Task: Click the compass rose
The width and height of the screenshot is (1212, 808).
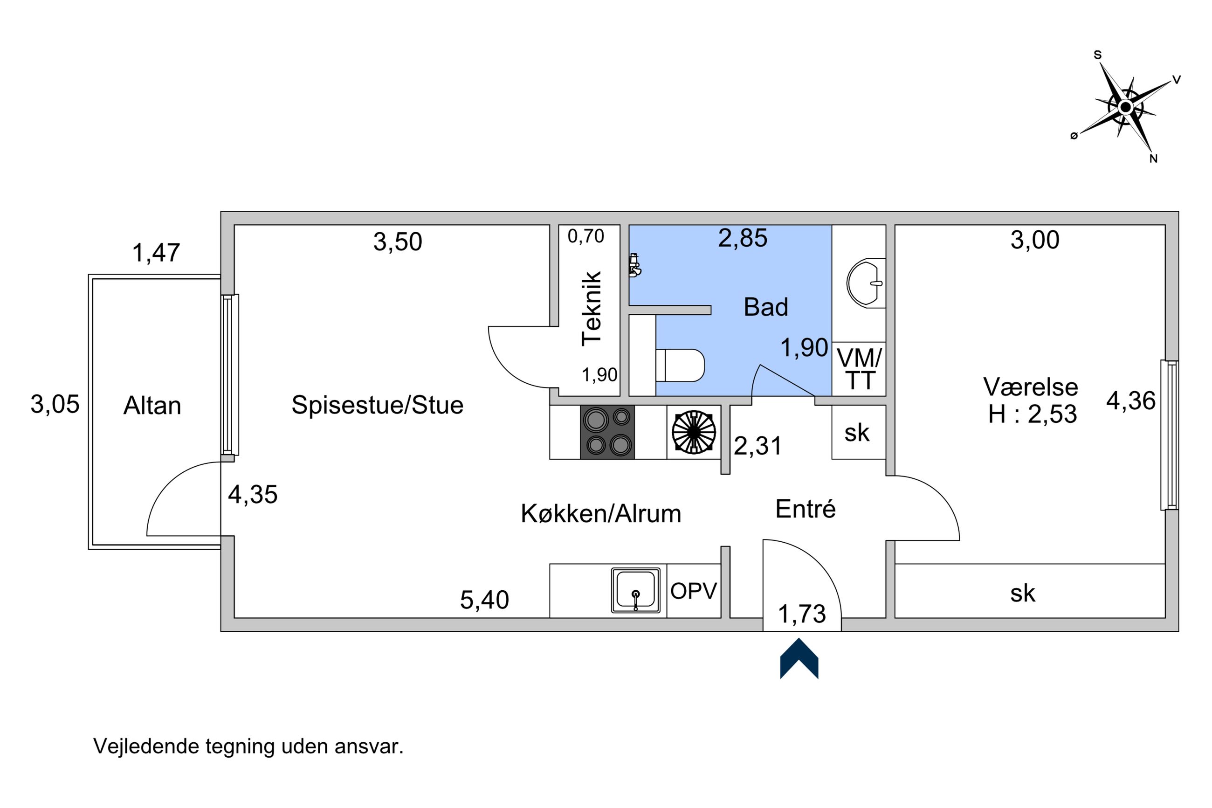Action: point(1125,107)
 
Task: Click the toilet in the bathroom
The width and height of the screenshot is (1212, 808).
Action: point(679,366)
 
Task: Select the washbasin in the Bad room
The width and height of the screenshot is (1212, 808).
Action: point(866,283)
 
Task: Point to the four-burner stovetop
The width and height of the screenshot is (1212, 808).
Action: point(607,432)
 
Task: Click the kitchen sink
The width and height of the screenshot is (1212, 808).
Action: point(636,590)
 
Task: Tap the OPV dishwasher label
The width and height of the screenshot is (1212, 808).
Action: point(693,591)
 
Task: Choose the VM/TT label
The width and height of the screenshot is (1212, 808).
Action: point(860,369)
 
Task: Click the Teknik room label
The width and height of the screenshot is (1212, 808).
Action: point(592,308)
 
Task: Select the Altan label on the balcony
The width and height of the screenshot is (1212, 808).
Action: point(152,406)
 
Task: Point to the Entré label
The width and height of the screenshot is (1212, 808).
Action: point(805,509)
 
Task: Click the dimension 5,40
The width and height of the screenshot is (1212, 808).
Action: point(484,600)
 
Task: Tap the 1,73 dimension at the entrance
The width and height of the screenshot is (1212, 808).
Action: point(801,614)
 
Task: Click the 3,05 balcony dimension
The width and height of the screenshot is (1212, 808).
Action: point(55,404)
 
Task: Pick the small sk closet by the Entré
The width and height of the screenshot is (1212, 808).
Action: point(859,432)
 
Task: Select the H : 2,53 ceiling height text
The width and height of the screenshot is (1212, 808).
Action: point(1032,414)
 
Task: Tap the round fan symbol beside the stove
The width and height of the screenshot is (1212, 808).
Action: point(694,432)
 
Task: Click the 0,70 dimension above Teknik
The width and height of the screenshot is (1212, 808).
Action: point(585,236)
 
